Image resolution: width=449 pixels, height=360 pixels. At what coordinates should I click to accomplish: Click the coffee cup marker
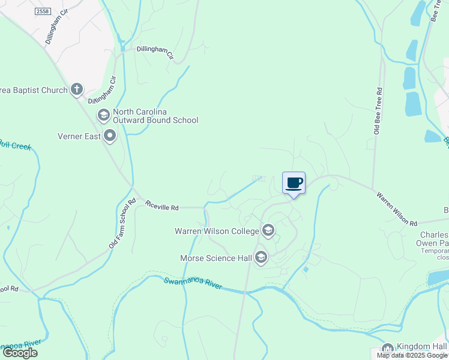point(294,182)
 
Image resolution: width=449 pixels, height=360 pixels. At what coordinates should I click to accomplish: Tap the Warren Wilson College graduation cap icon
point(268,230)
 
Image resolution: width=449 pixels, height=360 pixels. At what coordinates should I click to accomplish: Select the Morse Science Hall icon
point(261,258)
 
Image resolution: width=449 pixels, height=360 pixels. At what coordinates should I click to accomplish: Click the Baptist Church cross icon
point(76,89)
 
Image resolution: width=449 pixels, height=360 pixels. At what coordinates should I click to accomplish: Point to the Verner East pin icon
point(110,136)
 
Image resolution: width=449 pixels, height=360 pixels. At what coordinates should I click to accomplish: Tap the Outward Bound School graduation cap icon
point(103,115)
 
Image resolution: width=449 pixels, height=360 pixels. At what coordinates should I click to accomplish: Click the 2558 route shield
point(43,11)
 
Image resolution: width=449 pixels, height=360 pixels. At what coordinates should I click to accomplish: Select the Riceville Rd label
point(162,206)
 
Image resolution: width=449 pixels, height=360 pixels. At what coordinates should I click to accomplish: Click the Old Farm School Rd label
point(121,224)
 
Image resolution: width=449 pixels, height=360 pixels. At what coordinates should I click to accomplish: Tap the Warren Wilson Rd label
point(397,209)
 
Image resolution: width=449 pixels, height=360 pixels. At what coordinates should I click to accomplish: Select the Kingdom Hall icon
point(387,349)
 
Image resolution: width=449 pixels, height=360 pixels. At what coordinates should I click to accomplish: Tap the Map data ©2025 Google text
point(412,355)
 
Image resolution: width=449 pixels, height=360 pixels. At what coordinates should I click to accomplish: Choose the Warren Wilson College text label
point(215,231)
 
